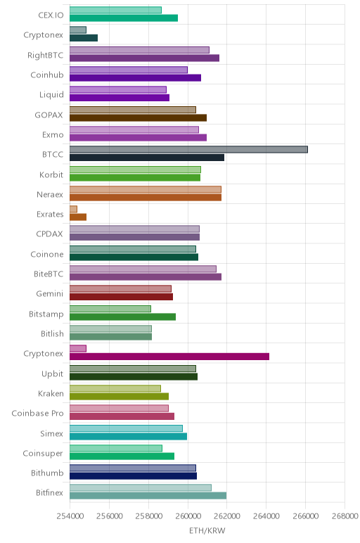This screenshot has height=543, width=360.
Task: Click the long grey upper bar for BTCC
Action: [188, 150]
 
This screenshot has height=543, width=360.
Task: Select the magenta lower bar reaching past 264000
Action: [169, 357]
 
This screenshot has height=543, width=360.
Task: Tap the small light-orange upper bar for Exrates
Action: [73, 209]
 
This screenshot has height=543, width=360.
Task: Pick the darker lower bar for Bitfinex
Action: [148, 496]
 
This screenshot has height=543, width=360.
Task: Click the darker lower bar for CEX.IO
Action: [124, 18]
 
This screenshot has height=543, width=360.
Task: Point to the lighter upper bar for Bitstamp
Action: [110, 309]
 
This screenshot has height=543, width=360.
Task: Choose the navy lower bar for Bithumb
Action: [134, 475]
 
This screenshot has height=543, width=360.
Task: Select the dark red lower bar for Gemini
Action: [121, 297]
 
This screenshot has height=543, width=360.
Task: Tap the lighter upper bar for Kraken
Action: [115, 388]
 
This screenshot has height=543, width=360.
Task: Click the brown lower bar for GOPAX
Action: [138, 117]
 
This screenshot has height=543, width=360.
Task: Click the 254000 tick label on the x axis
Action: [70, 516]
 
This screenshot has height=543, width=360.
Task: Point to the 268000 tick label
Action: [345, 516]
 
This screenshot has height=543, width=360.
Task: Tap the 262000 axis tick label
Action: [226, 516]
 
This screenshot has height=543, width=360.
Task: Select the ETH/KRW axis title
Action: [207, 530]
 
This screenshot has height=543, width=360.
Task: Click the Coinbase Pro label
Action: [37, 414]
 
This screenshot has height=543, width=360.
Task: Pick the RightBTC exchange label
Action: [45, 56]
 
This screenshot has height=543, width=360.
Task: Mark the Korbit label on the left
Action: [51, 174]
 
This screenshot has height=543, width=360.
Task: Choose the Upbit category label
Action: [52, 374]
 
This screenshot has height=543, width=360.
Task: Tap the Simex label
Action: [51, 433]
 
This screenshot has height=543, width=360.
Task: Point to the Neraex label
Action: [50, 195]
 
